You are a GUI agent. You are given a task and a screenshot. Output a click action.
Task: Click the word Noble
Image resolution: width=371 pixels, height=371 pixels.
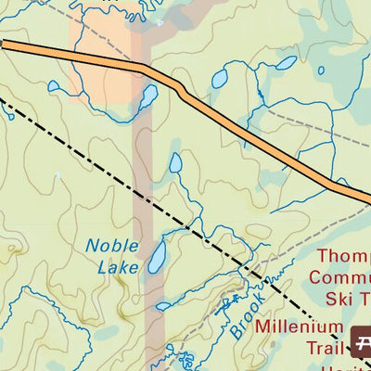(112, 247)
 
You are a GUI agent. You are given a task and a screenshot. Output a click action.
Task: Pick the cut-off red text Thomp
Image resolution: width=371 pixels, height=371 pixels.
(343, 256)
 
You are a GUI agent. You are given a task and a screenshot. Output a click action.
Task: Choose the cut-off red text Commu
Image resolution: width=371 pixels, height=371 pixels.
(339, 276)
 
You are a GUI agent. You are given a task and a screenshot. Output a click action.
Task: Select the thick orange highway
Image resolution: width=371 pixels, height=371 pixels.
(232, 121)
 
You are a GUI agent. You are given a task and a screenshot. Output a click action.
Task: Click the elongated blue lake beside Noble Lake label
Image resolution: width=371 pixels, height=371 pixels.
(157, 256)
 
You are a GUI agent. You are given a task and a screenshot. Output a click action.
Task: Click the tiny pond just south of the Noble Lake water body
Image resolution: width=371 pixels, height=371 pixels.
(162, 305)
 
